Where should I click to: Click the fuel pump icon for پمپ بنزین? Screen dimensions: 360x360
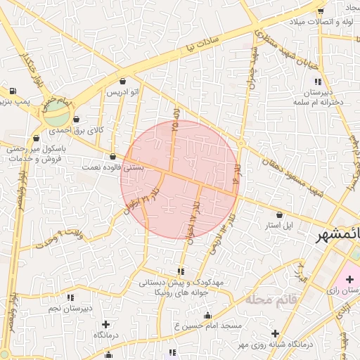pos(13,91)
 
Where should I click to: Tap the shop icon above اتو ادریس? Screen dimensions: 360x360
pos(124,81)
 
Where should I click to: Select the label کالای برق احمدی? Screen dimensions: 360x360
pos(79,130)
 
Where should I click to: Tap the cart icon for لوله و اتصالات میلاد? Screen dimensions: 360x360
pos(321,10)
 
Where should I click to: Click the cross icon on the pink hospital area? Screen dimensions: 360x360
pos(349,280)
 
